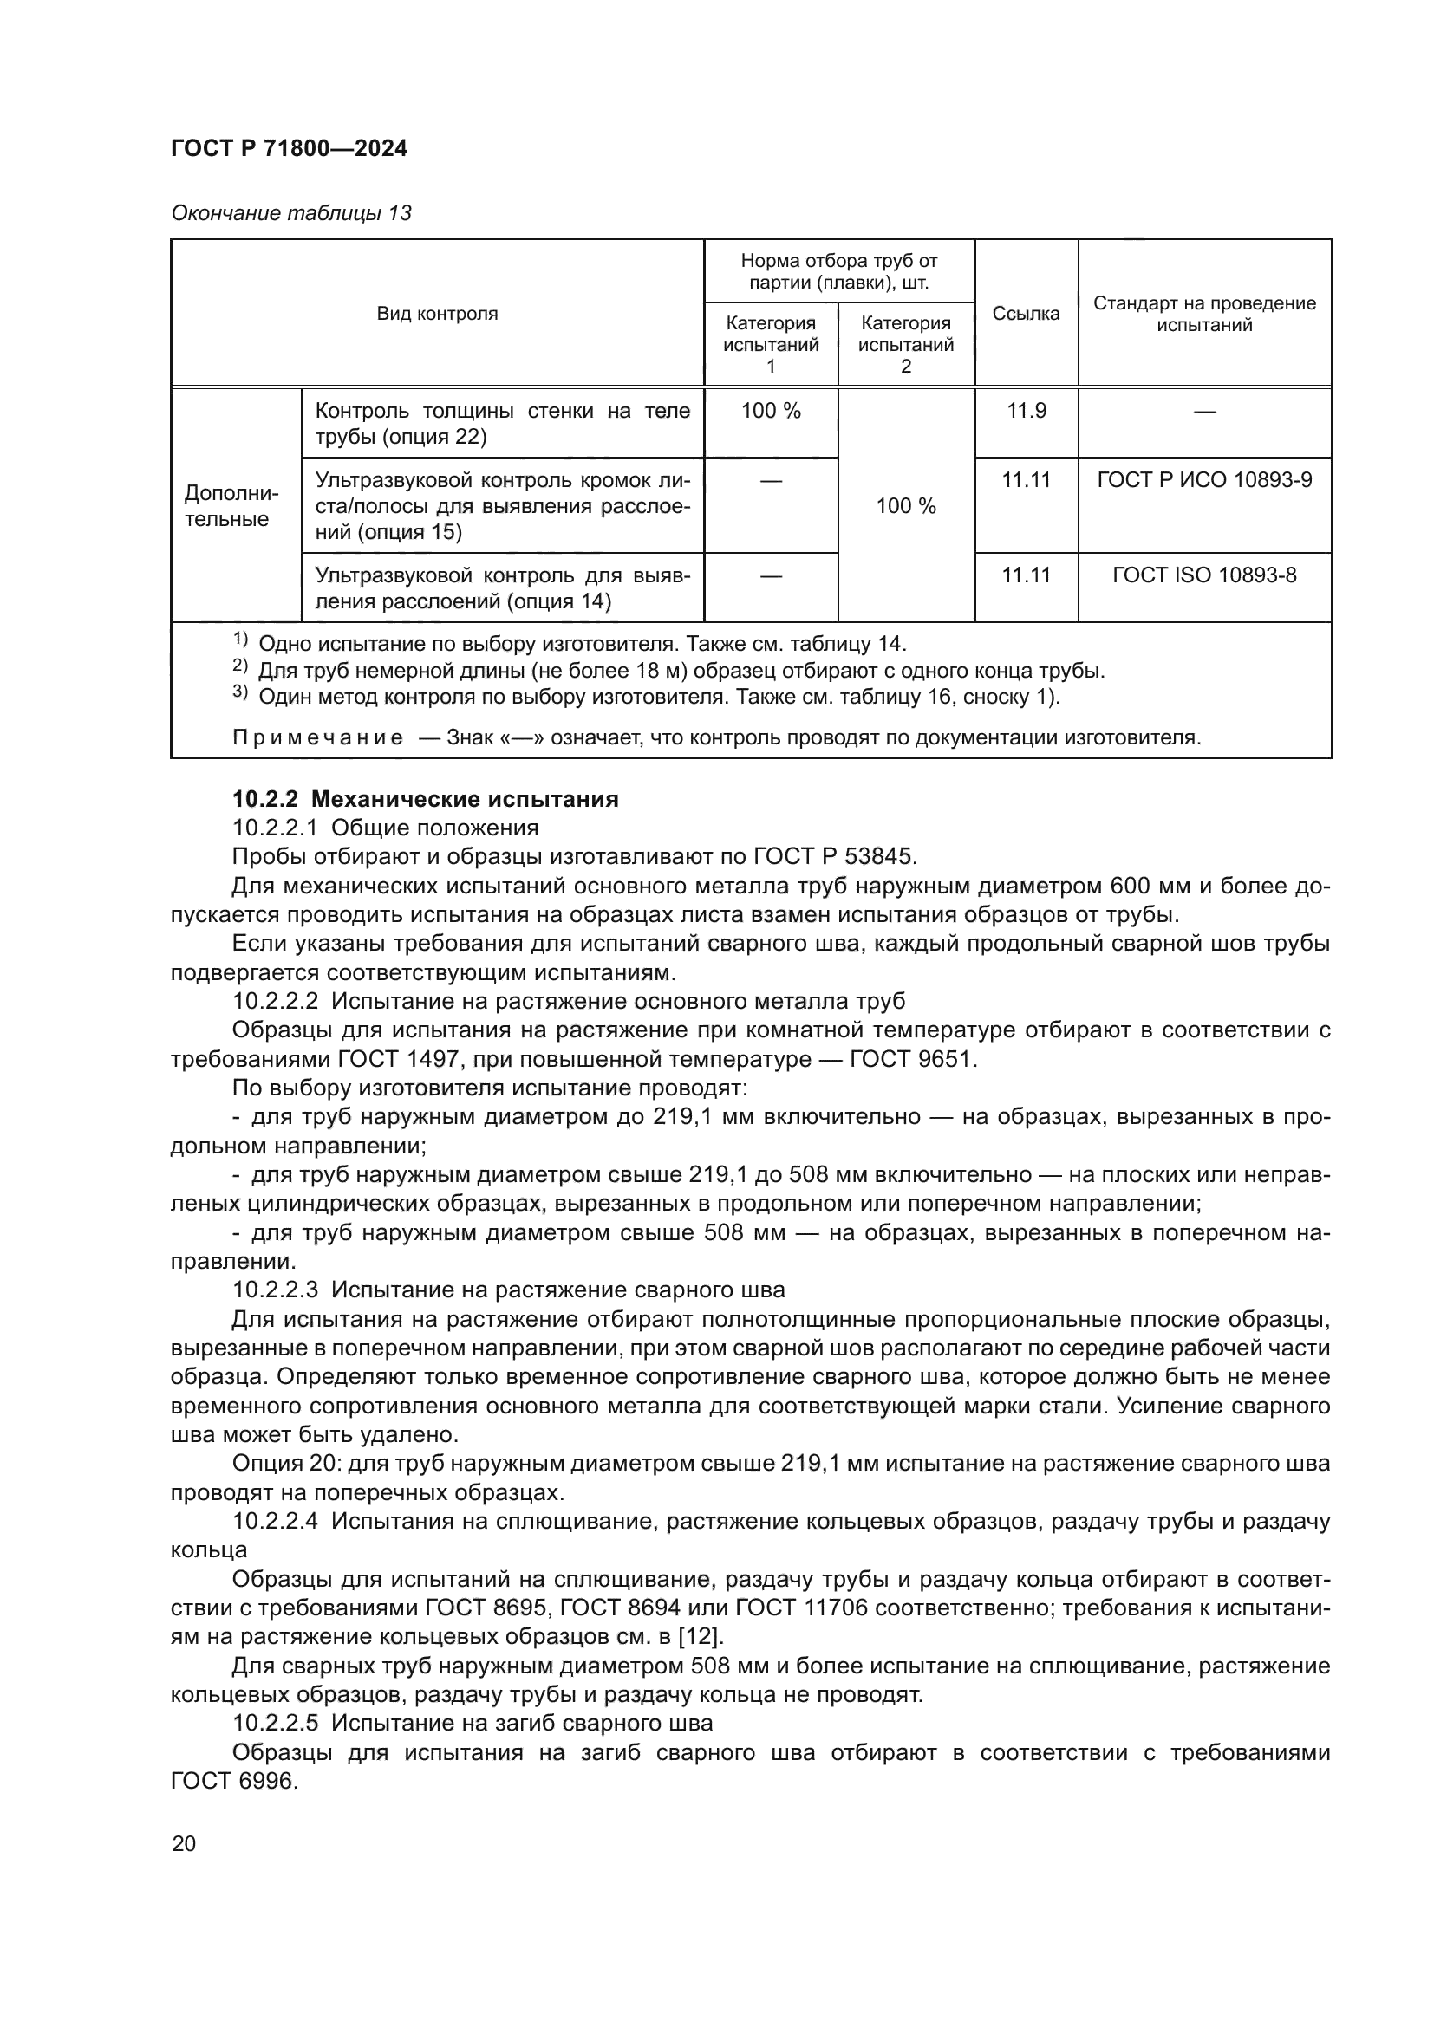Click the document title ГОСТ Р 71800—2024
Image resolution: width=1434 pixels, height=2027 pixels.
pos(289,148)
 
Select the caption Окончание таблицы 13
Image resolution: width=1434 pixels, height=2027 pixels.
pos(291,213)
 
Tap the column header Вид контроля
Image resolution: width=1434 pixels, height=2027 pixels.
pos(437,314)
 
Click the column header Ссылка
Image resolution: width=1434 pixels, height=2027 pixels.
pos(1025,314)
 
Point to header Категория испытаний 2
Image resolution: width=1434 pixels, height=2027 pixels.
pos(905,344)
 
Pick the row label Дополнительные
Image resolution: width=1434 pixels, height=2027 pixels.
pos(231,506)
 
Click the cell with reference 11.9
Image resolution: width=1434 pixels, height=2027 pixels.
pos(1026,411)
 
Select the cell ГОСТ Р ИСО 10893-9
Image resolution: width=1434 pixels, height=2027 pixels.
pos(1203,479)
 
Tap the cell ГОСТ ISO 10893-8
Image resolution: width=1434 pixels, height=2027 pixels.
pos(1203,575)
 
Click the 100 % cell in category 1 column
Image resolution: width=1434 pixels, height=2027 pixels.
pos(770,411)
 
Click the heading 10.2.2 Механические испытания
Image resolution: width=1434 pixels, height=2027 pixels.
pos(425,800)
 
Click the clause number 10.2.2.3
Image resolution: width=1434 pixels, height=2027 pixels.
pos(275,1290)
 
